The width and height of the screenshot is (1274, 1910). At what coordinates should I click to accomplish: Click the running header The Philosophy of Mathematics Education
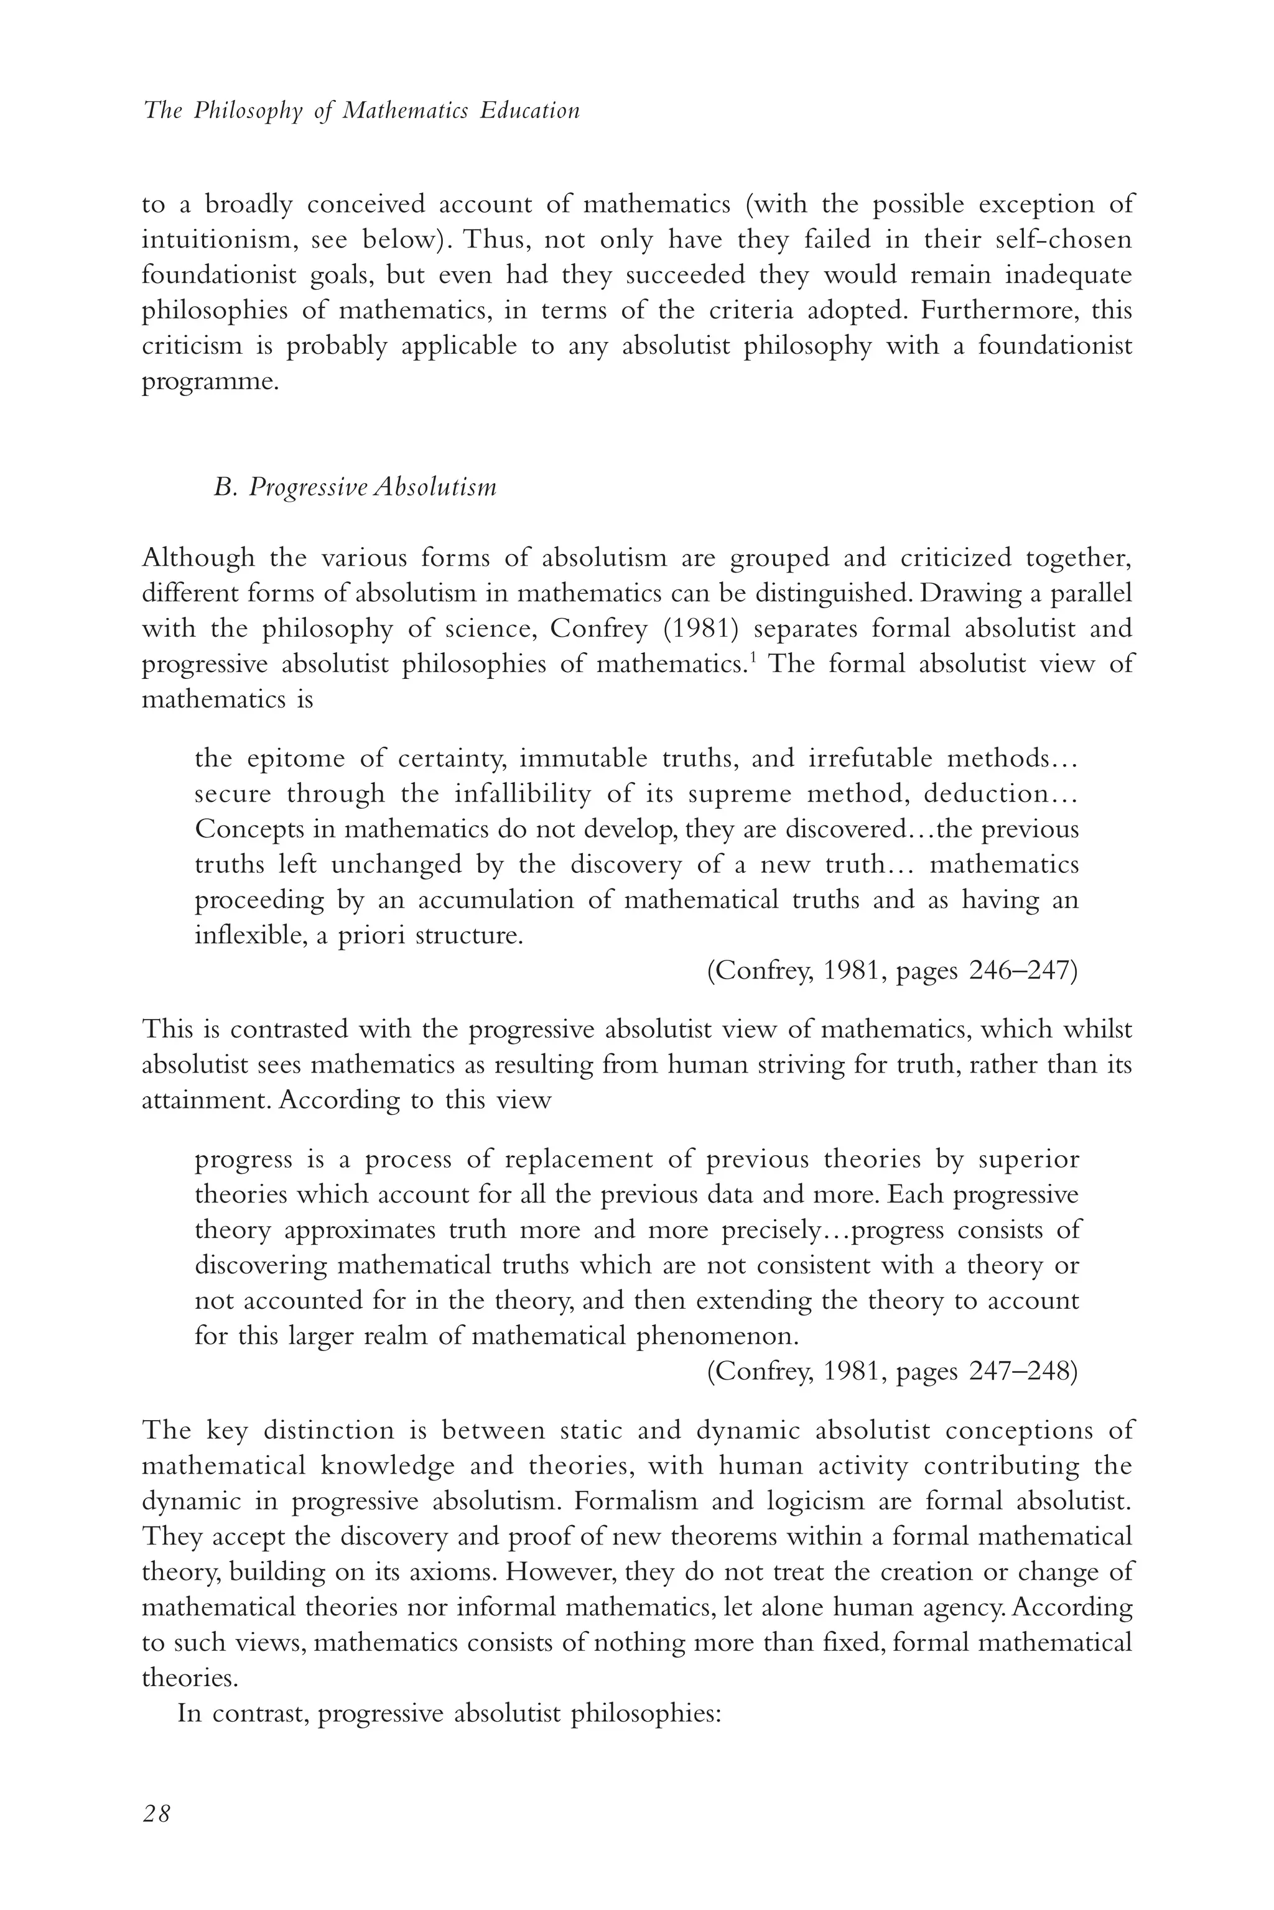pos(361,111)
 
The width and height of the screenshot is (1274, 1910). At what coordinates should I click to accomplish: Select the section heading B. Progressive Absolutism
pos(355,487)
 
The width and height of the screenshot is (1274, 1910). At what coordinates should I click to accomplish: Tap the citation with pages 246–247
pos(891,971)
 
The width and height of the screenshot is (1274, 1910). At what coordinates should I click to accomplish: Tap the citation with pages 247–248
pos(891,1371)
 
